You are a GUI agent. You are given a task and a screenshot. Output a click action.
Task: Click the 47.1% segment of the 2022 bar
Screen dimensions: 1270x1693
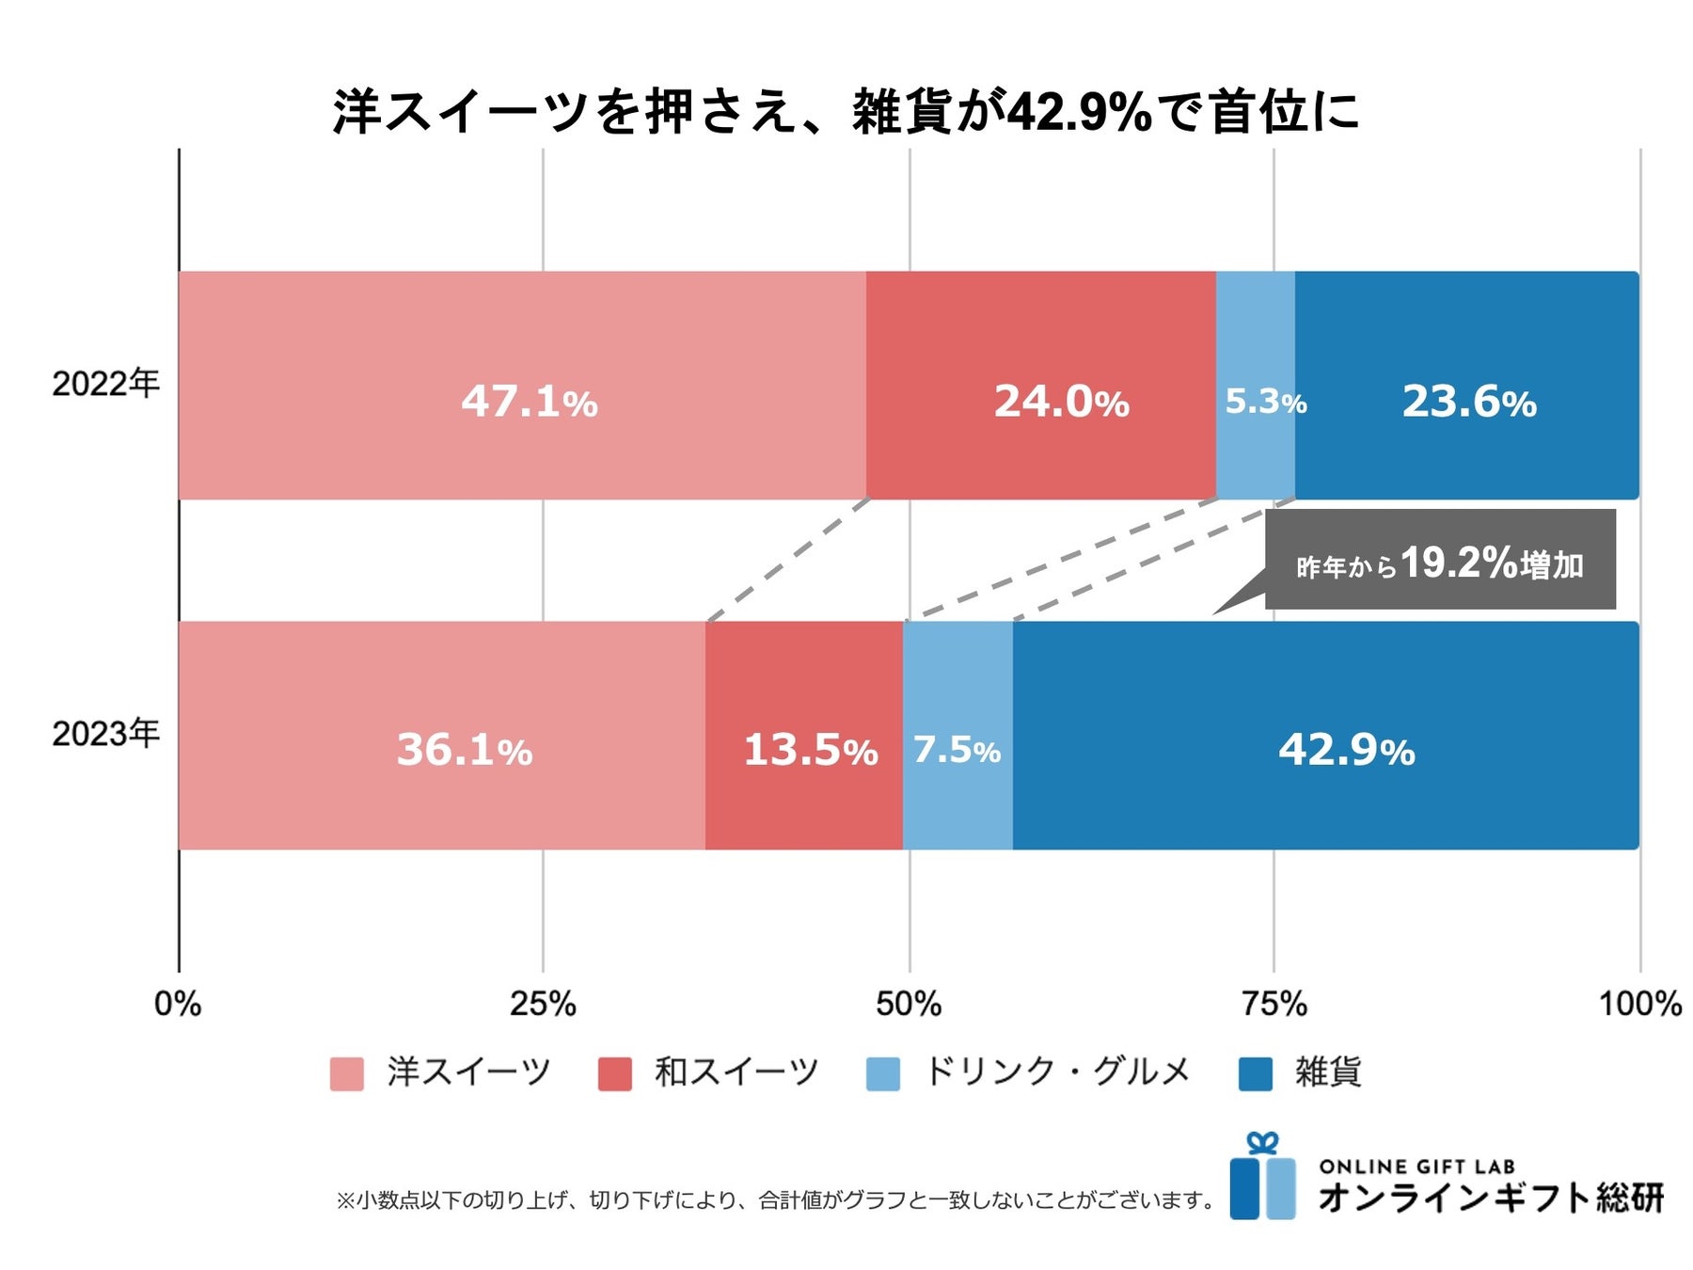522,386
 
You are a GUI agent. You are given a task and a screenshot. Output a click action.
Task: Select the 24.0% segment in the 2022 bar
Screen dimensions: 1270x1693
1040,386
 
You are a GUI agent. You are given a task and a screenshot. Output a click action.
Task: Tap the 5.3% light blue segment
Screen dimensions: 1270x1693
1255,386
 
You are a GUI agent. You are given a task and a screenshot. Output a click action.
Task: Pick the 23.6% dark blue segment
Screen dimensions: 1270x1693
1466,386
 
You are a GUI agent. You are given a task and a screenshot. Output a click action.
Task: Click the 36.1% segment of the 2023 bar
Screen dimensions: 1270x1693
442,736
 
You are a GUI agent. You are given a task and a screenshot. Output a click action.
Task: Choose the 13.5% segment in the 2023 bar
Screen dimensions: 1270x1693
804,736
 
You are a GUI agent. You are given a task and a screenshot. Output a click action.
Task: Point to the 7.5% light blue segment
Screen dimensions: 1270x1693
957,736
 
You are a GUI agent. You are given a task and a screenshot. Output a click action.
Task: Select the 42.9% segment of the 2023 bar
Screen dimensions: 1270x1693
1326,736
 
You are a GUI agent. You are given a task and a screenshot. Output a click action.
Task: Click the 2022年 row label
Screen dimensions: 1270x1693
105,384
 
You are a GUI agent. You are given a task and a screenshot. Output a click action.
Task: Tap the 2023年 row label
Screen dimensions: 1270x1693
105,734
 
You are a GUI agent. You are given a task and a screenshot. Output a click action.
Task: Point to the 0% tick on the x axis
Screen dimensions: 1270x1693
178,1004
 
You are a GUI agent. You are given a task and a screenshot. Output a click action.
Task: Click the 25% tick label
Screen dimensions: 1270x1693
543,1004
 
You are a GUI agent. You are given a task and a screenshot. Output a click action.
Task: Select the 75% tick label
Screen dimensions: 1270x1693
1274,1004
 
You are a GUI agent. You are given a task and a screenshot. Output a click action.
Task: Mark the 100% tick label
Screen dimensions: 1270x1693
1639,1004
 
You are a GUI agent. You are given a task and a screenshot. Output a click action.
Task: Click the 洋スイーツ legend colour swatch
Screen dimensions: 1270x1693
346,1073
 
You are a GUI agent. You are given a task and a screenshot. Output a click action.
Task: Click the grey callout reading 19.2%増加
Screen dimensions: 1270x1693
1439,563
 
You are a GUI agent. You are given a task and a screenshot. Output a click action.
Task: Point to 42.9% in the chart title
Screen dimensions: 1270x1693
1079,113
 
